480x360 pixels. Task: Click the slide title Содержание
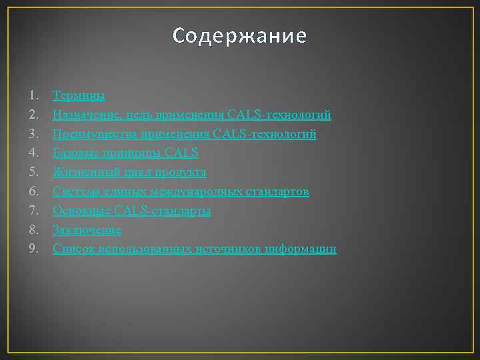pos(239,36)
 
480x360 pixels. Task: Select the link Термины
pos(79,96)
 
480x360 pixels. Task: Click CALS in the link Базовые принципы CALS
pos(181,153)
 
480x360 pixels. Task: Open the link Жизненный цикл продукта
pos(129,173)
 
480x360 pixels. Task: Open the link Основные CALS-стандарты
pos(132,211)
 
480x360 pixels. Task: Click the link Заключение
pos(87,230)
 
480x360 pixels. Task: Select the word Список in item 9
pos(73,249)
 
